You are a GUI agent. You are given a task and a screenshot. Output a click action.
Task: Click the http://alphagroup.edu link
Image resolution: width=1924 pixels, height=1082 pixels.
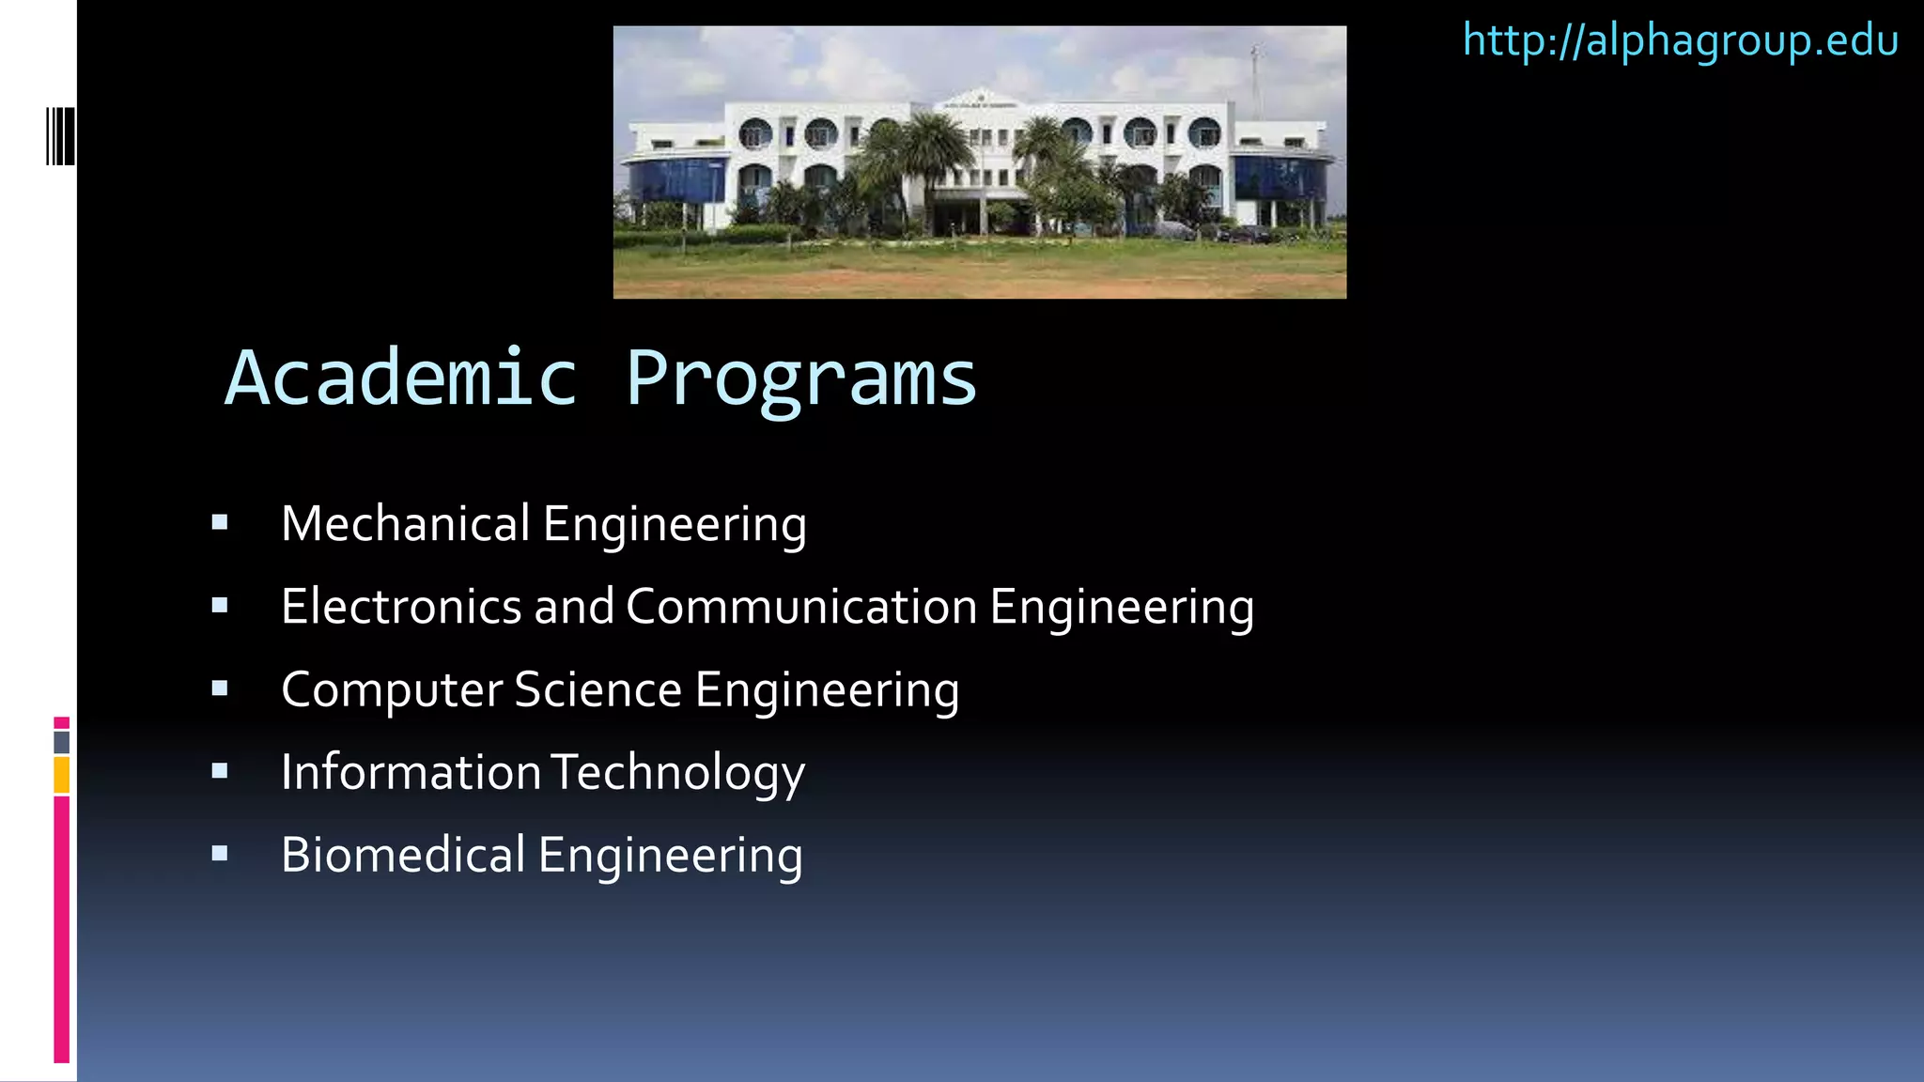tap(1680, 41)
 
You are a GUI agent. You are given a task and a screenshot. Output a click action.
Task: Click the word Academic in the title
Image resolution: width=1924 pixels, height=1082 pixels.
tap(401, 379)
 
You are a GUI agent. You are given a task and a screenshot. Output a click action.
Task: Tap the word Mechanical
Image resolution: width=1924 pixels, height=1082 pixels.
tap(406, 523)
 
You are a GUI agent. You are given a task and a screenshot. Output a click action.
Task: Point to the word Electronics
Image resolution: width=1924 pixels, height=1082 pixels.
tap(401, 606)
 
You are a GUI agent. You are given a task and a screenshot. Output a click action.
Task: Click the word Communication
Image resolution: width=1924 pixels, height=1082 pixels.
tap(801, 606)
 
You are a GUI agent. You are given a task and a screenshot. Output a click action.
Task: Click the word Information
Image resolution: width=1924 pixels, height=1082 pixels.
tap(411, 772)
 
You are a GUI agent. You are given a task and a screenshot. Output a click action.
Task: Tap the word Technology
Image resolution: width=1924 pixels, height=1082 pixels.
tap(677, 773)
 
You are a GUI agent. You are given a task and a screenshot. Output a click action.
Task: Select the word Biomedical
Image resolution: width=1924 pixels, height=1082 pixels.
tap(403, 855)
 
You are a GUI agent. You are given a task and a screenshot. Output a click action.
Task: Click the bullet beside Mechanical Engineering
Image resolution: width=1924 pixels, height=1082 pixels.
tap(220, 523)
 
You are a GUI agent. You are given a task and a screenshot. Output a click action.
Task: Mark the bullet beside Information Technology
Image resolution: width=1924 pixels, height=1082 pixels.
tap(220, 771)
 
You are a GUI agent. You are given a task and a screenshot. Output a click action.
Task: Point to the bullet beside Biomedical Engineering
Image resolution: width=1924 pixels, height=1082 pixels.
tap(220, 854)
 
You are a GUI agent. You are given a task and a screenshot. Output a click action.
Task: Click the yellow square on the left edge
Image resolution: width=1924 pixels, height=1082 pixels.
tap(61, 776)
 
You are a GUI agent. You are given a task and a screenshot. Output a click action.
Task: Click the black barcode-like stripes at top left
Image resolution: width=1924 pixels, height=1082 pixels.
tap(60, 137)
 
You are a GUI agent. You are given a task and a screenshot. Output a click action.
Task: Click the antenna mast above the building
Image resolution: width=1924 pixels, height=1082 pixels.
tap(1255, 75)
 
